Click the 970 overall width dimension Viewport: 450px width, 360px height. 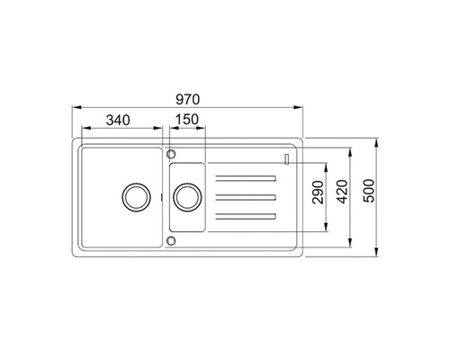(187, 100)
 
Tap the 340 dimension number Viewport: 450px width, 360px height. (118, 121)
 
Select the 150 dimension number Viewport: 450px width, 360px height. (187, 120)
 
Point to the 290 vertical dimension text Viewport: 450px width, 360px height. (319, 193)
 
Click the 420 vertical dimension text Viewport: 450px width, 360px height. (342, 192)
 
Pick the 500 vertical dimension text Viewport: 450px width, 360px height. (369, 191)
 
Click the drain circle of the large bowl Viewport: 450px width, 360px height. (136, 197)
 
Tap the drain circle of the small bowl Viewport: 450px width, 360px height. (188, 197)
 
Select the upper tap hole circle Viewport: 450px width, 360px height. (171, 154)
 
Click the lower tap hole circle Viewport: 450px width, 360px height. (171, 240)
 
